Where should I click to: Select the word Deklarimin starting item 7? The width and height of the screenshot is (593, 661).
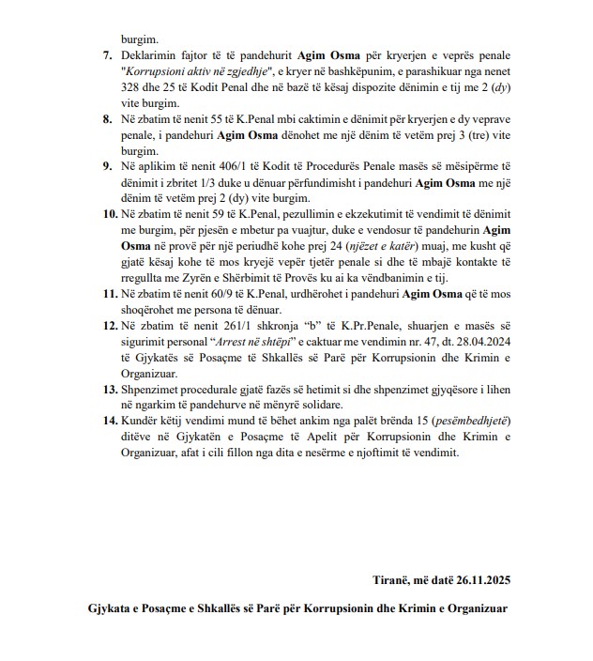click(x=147, y=55)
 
